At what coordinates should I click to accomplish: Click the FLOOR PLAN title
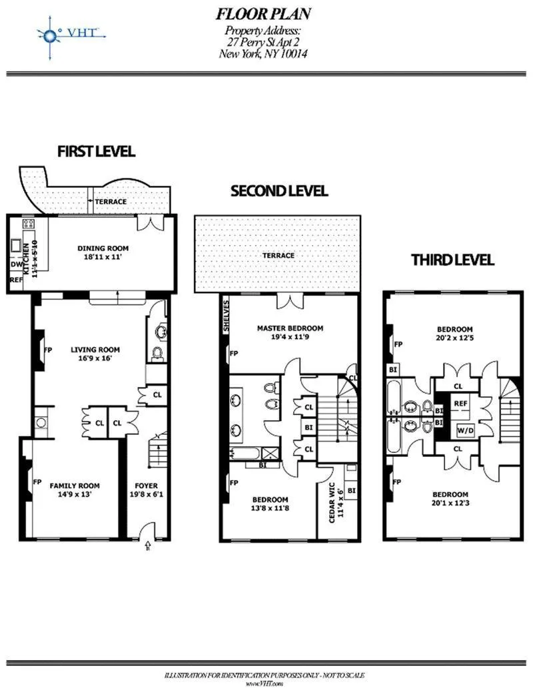(263, 14)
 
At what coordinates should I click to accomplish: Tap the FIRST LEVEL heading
(96, 151)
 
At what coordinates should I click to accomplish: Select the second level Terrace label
(278, 255)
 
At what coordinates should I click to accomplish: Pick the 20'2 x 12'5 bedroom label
(454, 334)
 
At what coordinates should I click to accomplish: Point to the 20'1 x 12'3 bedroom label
(450, 499)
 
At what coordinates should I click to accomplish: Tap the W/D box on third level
(464, 430)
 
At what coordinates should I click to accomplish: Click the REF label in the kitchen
(16, 280)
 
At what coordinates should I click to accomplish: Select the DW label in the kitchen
(16, 264)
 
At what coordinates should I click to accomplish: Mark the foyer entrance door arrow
(147, 547)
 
